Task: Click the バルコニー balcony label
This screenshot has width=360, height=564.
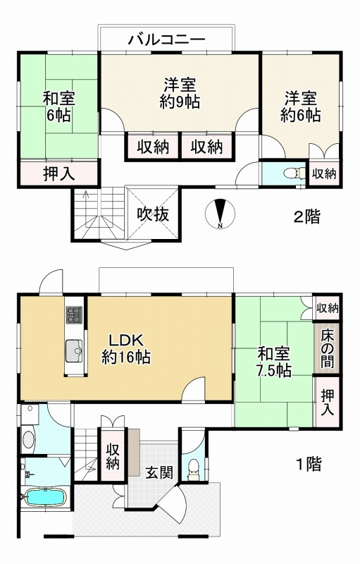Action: tap(167, 39)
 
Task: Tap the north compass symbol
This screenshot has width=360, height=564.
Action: tap(221, 214)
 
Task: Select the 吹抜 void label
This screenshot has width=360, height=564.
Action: tap(152, 215)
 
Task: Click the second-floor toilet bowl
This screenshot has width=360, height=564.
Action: tap(293, 173)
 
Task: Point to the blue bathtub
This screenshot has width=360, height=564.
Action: tap(45, 497)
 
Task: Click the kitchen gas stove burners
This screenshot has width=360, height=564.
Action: tap(74, 314)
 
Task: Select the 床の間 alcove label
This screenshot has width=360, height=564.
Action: tap(327, 348)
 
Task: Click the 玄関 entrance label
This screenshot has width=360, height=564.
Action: tap(159, 472)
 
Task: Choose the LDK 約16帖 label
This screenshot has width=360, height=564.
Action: tap(125, 348)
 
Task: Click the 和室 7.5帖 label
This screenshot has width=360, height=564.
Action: tap(274, 362)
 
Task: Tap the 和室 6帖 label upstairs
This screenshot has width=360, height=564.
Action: tap(58, 107)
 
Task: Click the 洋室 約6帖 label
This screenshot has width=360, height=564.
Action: tap(300, 107)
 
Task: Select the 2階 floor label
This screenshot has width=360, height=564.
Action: tap(307, 216)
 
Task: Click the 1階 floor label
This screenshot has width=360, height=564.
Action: tap(308, 464)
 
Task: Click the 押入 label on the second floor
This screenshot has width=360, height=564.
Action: tap(59, 174)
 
